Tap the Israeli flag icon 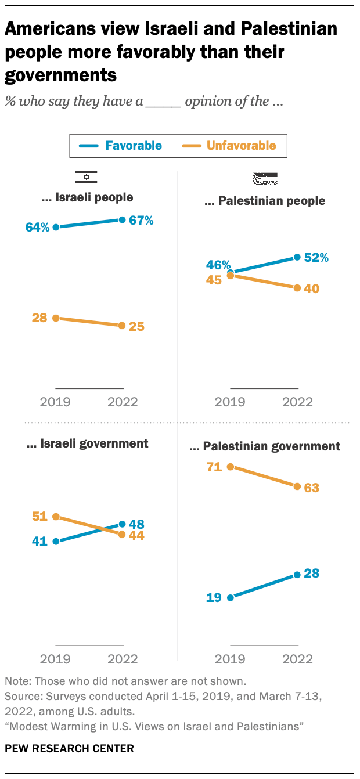point(86,178)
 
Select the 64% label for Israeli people point(38,228)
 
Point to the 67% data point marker point(122,219)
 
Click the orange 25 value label point(137,326)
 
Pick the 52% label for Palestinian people point(316,257)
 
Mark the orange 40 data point point(297,288)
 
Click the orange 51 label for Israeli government point(39,517)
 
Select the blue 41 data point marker point(56,542)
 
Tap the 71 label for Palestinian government point(214,467)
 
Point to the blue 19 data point point(231,597)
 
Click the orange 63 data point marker point(297,486)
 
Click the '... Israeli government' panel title point(88,444)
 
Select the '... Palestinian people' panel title point(265,201)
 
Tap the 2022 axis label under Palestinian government point(297,659)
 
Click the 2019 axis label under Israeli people point(56,402)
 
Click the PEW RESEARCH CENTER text point(69,748)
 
